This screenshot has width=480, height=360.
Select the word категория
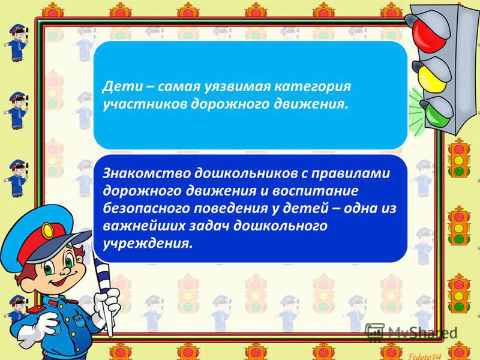point(312,87)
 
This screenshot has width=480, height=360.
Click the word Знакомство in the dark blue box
point(146,173)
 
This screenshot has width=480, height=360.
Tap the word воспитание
point(316,191)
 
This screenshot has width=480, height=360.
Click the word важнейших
point(144,226)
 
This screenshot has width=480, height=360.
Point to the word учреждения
point(148,244)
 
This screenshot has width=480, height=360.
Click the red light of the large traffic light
point(430,31)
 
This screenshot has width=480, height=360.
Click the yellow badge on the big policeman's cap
point(47,231)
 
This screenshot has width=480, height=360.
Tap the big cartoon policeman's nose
point(65,271)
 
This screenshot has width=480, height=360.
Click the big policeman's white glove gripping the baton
point(107,304)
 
